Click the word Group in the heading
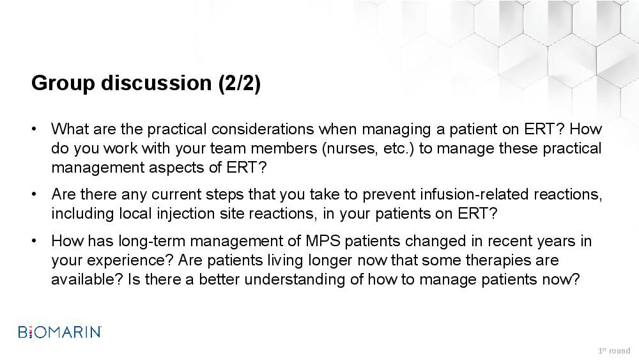[x=63, y=84]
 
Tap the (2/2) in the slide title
[x=240, y=84]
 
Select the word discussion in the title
[x=157, y=82]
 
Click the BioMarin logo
[x=60, y=332]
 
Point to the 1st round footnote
[x=614, y=350]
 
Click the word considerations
[x=263, y=129]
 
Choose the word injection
[x=186, y=214]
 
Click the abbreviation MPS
[x=323, y=240]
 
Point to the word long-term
[x=152, y=241]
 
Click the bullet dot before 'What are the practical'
[x=34, y=129]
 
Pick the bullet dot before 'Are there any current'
[x=34, y=194]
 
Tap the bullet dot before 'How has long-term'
[x=34, y=241]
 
